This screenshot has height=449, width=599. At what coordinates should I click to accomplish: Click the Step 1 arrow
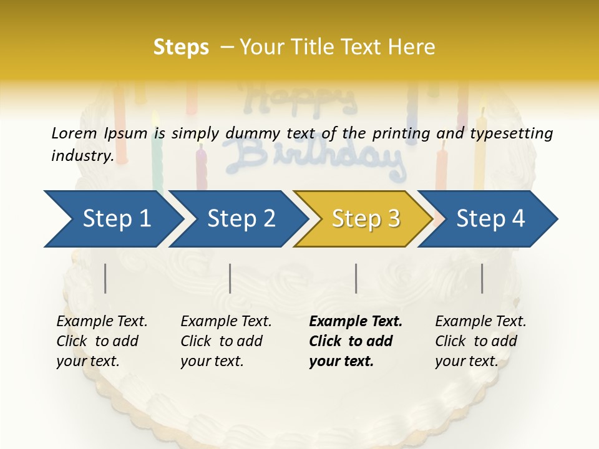coord(116,219)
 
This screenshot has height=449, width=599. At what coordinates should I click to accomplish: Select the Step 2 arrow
coord(241,219)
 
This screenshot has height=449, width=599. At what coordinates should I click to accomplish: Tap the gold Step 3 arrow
coord(366,219)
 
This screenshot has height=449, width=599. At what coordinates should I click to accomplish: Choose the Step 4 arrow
coord(490,219)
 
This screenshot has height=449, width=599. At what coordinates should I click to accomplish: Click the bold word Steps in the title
coord(181,47)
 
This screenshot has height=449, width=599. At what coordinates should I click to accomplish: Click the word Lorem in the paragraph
coord(74,133)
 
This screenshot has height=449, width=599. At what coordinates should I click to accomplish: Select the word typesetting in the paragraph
coord(514,133)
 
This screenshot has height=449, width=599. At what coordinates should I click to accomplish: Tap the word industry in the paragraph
coord(82,155)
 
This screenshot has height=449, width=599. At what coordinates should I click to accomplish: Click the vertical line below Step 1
coord(105,278)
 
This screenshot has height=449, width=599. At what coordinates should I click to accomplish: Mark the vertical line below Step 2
coord(230,278)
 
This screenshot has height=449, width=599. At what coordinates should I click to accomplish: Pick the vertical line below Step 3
coord(356,278)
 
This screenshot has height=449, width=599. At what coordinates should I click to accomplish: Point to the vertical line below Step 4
coord(482,278)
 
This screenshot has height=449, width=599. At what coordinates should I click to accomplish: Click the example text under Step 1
coord(102,341)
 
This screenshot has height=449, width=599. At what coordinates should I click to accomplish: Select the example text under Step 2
coord(226,341)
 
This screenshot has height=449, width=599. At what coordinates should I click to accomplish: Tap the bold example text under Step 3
coord(356,341)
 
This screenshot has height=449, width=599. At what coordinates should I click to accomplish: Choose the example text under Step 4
coord(480,341)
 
